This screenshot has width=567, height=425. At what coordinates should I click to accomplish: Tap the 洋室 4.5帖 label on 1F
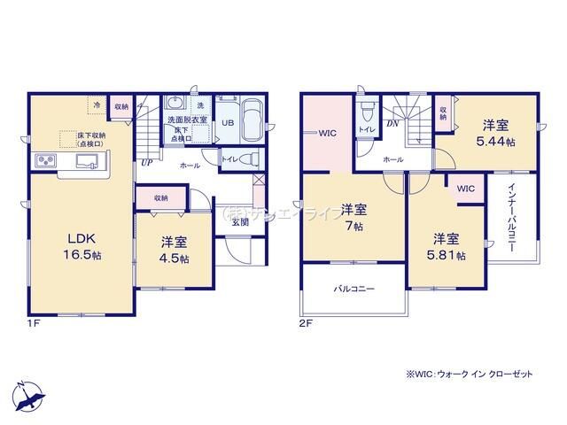[173, 249]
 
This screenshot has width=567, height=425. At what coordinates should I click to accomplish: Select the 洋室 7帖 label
[353, 219]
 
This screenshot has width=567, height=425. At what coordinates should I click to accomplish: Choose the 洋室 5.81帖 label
[449, 247]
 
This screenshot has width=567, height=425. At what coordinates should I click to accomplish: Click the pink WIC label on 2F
[325, 134]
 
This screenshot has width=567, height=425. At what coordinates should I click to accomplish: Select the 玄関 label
[240, 221]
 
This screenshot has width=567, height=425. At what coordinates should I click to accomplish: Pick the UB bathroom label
[228, 122]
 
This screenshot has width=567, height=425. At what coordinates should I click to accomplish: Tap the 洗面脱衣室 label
[187, 120]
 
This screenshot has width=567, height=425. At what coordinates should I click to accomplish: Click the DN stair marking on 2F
[392, 124]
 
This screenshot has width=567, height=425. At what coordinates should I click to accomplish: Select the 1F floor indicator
[32, 324]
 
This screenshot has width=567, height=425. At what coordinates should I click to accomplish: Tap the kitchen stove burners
[45, 160]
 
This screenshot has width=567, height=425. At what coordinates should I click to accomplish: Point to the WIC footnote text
[470, 375]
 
